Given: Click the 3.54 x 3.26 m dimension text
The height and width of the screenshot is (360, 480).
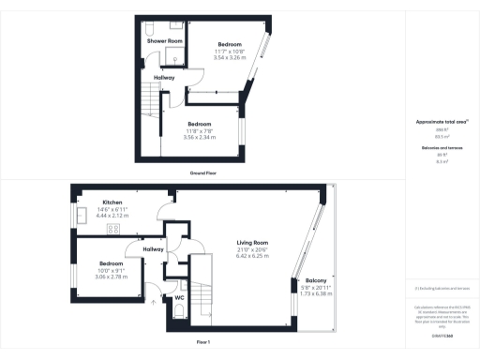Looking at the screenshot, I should [x=230, y=57].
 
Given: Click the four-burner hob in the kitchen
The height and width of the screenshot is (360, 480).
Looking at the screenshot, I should [x=113, y=228].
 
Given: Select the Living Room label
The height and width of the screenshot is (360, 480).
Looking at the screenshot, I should [x=253, y=243].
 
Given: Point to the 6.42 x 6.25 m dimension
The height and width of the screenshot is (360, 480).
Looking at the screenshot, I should [x=253, y=256].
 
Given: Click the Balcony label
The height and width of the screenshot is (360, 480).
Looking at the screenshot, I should [x=315, y=280].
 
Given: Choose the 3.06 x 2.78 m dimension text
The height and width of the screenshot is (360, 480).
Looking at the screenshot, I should [x=111, y=277].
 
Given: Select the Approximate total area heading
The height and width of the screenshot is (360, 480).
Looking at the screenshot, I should [x=434, y=123].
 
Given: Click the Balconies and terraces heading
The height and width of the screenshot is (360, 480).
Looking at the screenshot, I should [x=434, y=148].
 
